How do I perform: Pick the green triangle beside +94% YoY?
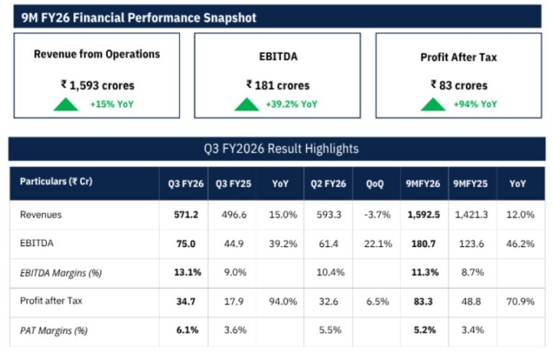pyautogui.click(x=433, y=104)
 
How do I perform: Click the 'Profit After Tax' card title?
pyautogui.click(x=458, y=57)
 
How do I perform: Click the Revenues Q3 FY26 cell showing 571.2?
pyautogui.click(x=183, y=215)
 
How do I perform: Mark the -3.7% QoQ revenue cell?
pyautogui.click(x=375, y=215)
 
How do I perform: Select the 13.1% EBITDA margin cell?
pyautogui.click(x=183, y=273)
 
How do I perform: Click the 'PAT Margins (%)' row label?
pyautogui.click(x=50, y=331)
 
